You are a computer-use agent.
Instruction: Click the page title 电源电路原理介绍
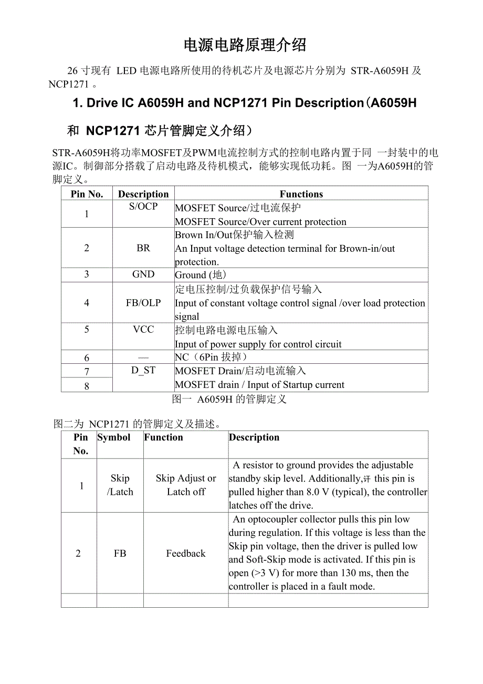(x=245, y=45)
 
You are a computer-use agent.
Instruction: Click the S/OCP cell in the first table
(x=143, y=207)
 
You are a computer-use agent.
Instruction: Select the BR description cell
(x=143, y=248)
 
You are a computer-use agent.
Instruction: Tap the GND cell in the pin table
(x=143, y=274)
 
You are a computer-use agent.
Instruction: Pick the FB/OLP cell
(x=143, y=303)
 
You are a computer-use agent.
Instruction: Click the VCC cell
(x=143, y=330)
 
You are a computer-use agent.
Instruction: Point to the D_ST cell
(x=143, y=371)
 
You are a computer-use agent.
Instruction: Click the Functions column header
(x=301, y=194)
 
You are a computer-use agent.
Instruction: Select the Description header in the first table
(x=143, y=194)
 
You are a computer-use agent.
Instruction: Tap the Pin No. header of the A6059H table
(x=87, y=194)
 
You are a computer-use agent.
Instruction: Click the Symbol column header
(x=114, y=437)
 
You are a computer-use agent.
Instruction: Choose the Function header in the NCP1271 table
(x=163, y=437)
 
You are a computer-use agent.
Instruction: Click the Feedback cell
(x=186, y=553)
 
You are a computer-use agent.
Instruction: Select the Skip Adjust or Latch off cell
(x=186, y=485)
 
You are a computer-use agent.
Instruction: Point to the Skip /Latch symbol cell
(x=120, y=485)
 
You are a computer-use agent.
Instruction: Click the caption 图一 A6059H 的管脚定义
(x=229, y=399)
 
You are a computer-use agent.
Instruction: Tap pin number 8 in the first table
(x=87, y=386)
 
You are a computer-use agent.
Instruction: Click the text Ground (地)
(x=201, y=275)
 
